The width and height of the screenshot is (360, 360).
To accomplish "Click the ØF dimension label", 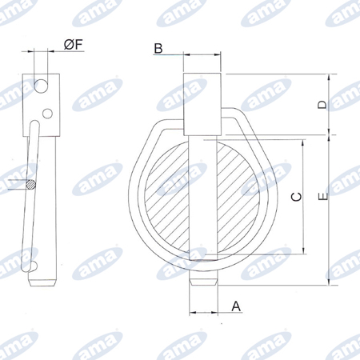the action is click(74, 44).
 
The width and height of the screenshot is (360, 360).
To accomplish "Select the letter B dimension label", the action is click(158, 49).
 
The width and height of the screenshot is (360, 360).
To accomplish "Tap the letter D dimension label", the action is click(322, 105).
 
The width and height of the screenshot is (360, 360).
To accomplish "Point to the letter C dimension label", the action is click(296, 197).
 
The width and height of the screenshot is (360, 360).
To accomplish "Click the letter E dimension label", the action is click(323, 197).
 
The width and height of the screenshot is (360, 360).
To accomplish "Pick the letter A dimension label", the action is click(236, 306).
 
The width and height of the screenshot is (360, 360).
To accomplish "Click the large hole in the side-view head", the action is click(42, 86).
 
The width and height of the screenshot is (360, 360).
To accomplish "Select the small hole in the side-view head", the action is click(47, 114).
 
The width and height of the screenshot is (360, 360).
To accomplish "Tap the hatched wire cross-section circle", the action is click(30, 185).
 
